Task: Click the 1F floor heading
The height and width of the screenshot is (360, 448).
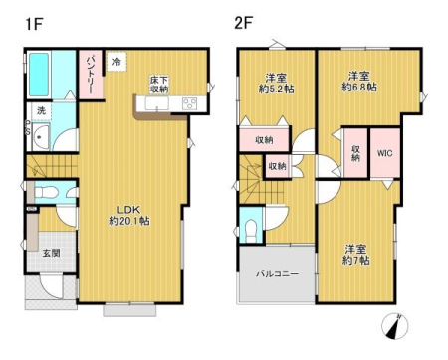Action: click(34, 24)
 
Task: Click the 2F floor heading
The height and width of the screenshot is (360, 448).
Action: click(244, 23)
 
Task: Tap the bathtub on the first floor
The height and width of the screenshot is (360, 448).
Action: click(39, 75)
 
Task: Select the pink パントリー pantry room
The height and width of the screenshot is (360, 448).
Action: click(91, 74)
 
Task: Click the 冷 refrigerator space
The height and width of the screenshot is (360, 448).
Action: click(116, 62)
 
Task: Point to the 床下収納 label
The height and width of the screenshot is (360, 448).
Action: click(159, 85)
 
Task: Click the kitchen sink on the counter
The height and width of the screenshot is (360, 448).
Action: click(156, 103)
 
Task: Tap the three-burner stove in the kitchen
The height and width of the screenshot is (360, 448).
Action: click(190, 103)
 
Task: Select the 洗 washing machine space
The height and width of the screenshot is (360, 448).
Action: click(41, 110)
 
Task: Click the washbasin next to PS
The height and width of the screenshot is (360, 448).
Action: click(41, 136)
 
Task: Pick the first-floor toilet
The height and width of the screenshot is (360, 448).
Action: click(46, 192)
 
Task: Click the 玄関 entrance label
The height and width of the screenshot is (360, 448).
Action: click(52, 253)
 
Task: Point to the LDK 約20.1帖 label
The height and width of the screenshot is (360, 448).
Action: click(129, 215)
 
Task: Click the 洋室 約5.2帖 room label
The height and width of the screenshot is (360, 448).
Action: click(276, 84)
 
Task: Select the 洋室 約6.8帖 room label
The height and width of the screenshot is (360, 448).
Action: click(359, 82)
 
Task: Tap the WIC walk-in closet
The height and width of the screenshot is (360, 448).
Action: click(385, 153)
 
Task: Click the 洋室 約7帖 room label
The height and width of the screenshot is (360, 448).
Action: click(355, 255)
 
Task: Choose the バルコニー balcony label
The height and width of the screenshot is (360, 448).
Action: click(278, 274)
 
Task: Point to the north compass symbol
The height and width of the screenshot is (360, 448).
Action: click(395, 326)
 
